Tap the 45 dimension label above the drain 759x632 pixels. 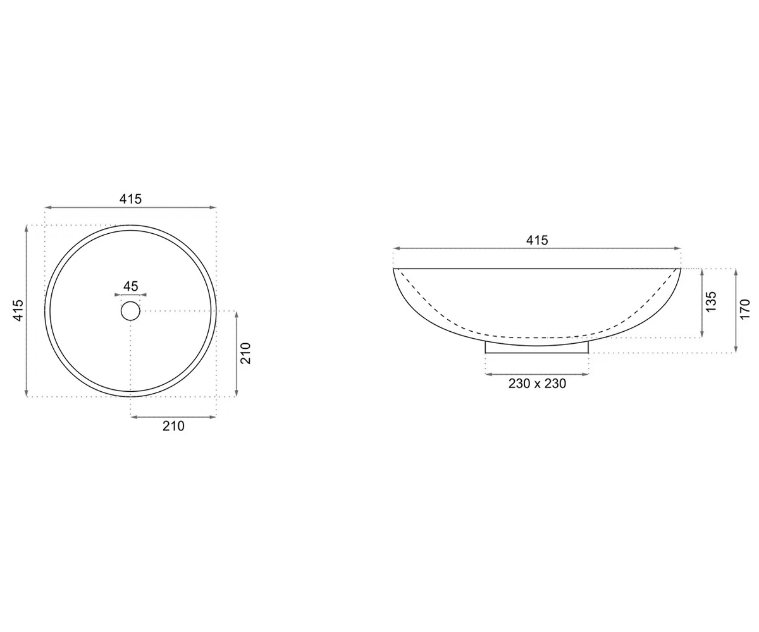(130, 286)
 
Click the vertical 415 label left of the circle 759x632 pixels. (18, 310)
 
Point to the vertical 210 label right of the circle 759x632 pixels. (246, 353)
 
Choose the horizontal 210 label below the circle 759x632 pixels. (173, 426)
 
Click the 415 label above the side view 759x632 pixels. (537, 240)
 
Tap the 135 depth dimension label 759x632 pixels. (711, 301)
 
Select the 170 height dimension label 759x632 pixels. (745, 309)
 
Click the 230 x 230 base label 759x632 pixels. (537, 384)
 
